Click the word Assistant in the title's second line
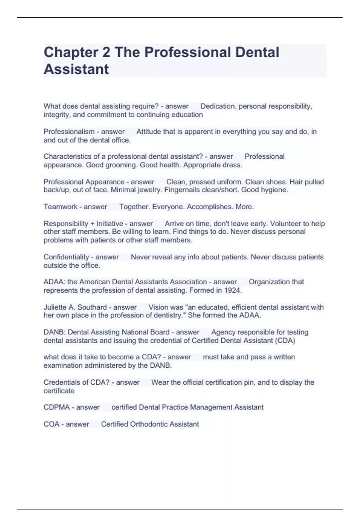[x=76, y=69]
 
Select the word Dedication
[x=218, y=106]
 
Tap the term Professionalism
[x=69, y=132]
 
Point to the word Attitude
[x=148, y=132]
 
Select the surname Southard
[x=92, y=307]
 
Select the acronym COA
[x=51, y=424]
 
